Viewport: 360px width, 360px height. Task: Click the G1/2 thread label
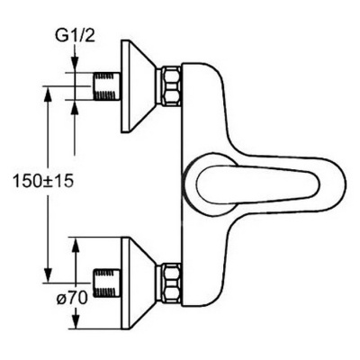(x=75, y=37)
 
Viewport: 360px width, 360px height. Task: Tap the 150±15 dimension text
(x=43, y=181)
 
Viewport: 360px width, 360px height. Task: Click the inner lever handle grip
(x=255, y=184)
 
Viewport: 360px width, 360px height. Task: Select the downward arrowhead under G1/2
(x=75, y=64)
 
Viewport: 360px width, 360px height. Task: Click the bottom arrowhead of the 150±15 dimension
(x=48, y=274)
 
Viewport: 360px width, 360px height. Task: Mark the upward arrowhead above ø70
(x=76, y=246)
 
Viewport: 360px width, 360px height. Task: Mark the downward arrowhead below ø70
(x=76, y=320)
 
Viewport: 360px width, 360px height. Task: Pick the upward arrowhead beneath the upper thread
(x=75, y=108)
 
